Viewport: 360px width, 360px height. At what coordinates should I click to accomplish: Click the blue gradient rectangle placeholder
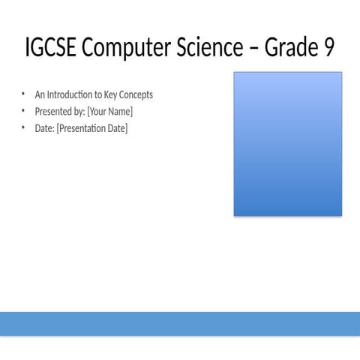[x=288, y=144]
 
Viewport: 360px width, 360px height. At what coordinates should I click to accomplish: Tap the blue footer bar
[x=180, y=323]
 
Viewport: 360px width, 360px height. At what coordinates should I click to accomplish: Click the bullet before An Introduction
[x=23, y=94]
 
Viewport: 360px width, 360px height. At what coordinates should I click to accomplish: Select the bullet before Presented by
[x=23, y=111]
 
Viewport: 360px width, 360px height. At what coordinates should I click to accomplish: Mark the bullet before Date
[x=23, y=127]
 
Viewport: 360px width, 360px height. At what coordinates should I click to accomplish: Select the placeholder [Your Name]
[x=110, y=112]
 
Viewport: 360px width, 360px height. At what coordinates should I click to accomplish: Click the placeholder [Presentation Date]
[x=92, y=129]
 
